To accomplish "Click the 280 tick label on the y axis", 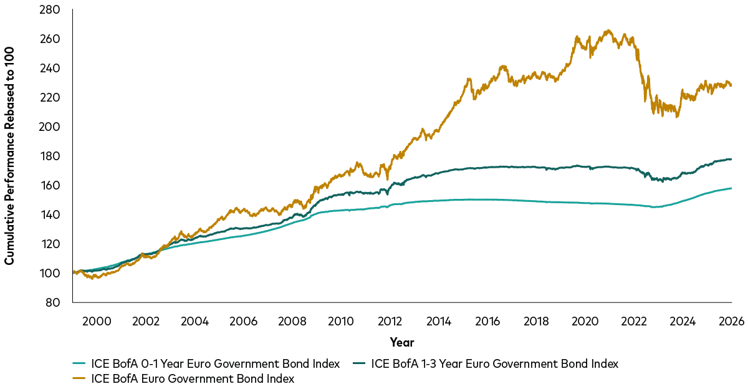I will point(50,10).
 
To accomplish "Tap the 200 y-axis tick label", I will point(50,127).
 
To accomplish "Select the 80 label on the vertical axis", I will point(54,302).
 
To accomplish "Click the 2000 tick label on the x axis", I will point(97,321).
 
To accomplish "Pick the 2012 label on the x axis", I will point(390,321).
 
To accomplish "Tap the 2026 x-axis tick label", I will point(731,321).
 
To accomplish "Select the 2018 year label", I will point(536,321).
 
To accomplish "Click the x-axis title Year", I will point(401,342).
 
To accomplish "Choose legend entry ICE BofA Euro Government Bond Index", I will point(193,378).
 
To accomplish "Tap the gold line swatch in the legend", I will point(80,378).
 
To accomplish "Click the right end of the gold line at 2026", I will point(731,85).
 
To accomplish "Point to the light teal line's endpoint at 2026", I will point(731,188).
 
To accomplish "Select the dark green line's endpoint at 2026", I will point(731,160).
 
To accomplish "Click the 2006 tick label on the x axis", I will point(243,321).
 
